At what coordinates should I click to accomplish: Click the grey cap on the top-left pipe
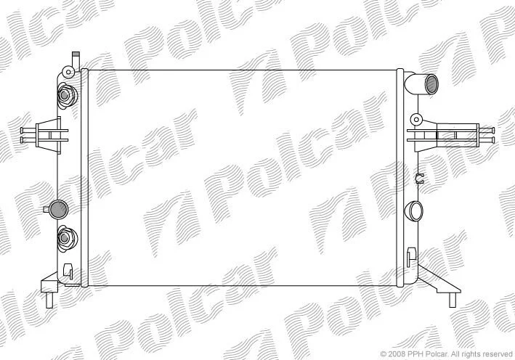point(76,54)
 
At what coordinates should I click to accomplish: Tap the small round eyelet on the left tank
point(68,72)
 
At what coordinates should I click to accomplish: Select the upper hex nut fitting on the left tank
point(66,95)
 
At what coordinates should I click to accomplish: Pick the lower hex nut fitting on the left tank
point(67,238)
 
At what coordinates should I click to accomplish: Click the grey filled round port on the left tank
point(58,209)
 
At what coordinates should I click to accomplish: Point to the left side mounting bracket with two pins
point(46,135)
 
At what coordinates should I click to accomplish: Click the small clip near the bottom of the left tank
point(68,271)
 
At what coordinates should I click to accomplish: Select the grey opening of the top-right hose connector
point(431,84)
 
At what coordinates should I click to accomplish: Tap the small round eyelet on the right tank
point(416,119)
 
